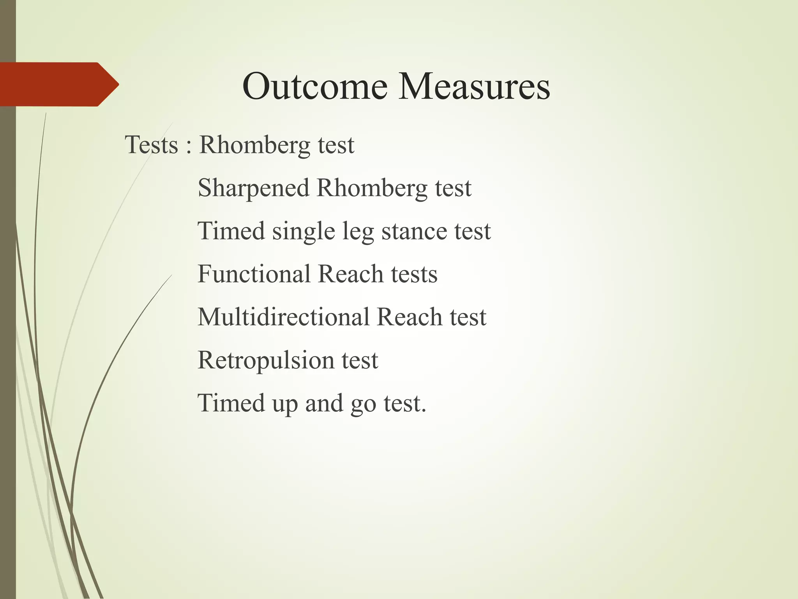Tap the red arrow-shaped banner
point(58,84)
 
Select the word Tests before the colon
point(152,145)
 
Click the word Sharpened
point(254,188)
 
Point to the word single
point(304,231)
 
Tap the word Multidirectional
point(283,317)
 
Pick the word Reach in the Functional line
point(351,274)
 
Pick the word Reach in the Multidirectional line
point(410,317)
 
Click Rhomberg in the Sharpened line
point(372,188)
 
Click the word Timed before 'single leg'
point(231,231)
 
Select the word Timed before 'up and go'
point(231,403)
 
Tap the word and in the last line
point(324,403)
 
